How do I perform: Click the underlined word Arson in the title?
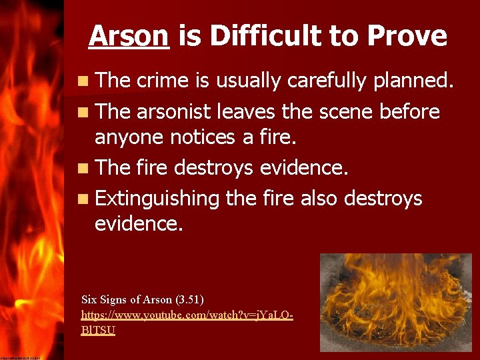(x=129, y=35)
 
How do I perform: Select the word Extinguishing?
(x=157, y=199)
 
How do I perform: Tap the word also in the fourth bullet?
(x=323, y=198)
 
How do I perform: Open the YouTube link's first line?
(x=187, y=314)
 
